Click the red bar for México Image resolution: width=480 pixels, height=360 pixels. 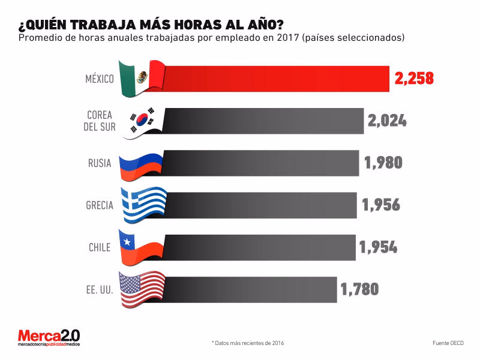pos(276,79)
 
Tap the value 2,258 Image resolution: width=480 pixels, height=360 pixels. pos(414,79)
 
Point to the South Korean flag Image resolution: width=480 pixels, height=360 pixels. pos(142,121)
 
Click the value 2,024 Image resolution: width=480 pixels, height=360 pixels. pos(386,121)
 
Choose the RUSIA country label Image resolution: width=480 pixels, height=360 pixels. pos(100,163)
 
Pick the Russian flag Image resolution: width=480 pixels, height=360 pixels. pos(142,163)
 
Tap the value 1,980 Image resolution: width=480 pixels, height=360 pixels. pos(383,163)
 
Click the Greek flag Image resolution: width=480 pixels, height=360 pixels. pos(142,205)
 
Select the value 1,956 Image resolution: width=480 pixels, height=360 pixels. pos(380,205)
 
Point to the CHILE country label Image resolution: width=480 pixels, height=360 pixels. pos(100,247)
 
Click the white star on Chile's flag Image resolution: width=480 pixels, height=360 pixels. pos(127,241)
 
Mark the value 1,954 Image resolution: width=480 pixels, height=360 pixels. pos(378,247)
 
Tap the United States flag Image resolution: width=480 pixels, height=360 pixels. pos(142,289)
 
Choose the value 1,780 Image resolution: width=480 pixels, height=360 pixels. pos(359,289)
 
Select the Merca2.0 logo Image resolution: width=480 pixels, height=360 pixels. pos(48,337)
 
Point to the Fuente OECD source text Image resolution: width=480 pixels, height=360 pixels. pos(448,343)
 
